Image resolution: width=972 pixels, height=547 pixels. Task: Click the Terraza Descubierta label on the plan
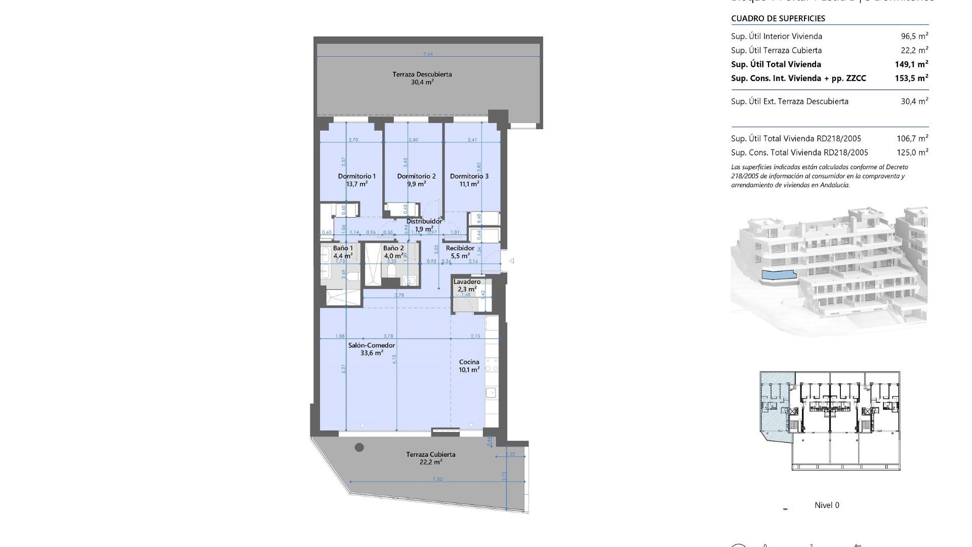click(422, 74)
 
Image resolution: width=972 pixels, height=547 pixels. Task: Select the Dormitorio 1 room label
click(357, 176)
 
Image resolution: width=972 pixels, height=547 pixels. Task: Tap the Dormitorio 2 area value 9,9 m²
click(416, 184)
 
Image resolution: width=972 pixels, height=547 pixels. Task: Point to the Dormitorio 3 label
click(469, 176)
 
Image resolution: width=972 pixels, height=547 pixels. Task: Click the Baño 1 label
click(343, 248)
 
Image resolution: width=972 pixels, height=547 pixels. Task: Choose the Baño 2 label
click(393, 248)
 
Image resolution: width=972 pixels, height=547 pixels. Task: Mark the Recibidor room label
click(460, 248)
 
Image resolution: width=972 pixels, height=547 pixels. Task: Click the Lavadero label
click(467, 282)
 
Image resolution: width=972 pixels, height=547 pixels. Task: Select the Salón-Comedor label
click(372, 345)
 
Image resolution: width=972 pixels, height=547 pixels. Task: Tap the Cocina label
click(469, 362)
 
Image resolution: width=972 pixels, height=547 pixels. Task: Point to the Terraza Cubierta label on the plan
click(430, 454)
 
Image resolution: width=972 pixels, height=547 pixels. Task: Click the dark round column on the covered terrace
click(359, 447)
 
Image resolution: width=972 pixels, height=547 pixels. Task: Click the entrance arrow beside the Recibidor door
click(512, 261)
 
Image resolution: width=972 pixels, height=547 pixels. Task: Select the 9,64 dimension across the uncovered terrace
click(428, 54)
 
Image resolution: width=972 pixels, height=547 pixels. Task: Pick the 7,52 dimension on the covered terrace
click(437, 479)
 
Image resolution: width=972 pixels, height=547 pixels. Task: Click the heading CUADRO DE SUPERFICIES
click(778, 19)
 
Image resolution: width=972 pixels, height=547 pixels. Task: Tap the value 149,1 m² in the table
click(911, 64)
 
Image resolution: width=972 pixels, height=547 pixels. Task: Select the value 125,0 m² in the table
click(911, 152)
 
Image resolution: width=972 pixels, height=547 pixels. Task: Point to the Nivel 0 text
click(827, 505)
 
